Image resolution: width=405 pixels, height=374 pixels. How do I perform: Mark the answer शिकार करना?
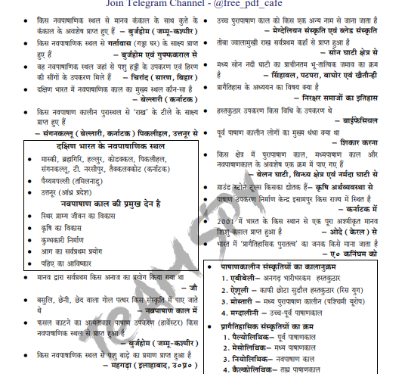pyautogui.click(x=368, y=142)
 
